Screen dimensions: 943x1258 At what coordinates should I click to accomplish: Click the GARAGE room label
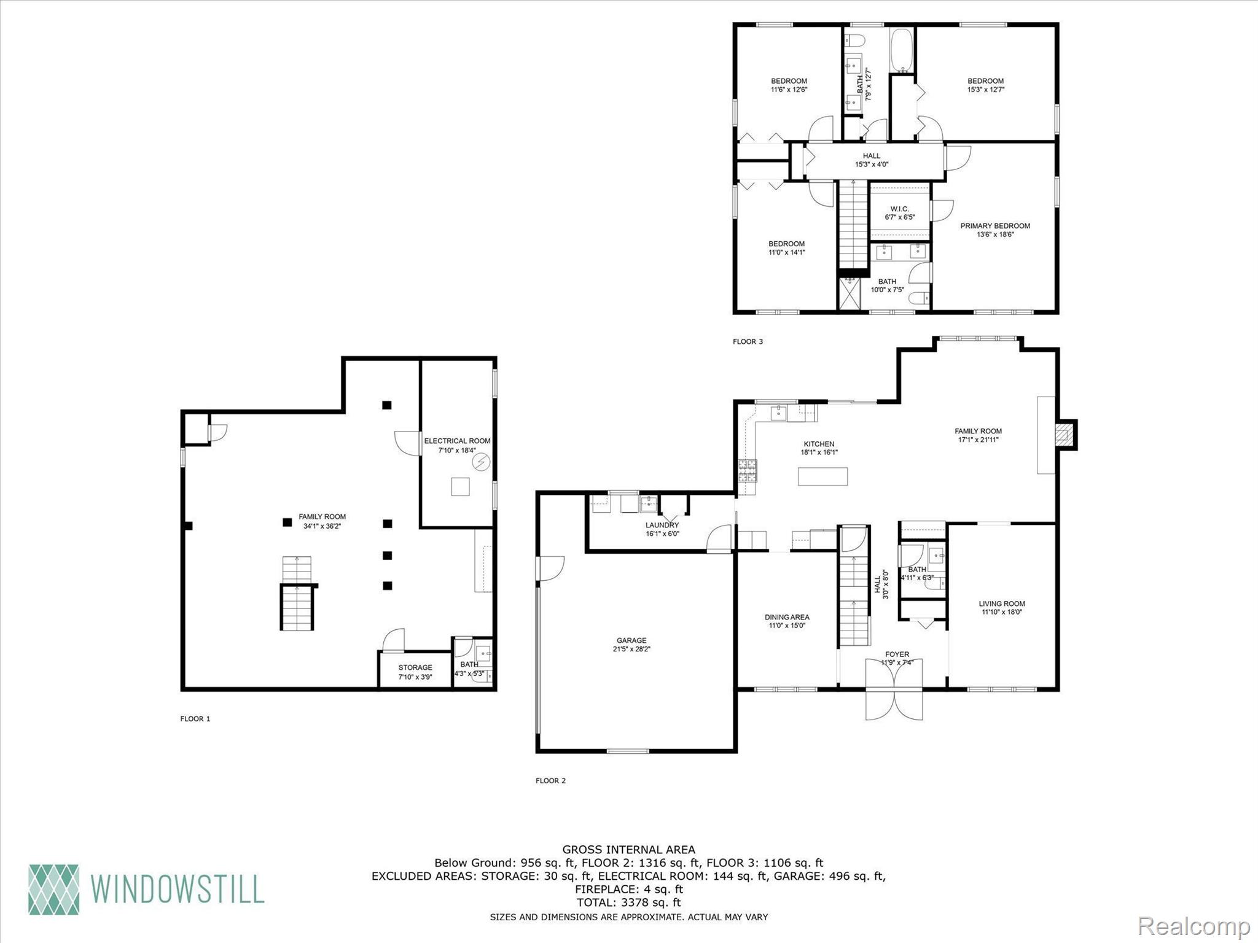(631, 640)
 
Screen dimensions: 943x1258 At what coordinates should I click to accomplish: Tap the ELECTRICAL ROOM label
(457, 441)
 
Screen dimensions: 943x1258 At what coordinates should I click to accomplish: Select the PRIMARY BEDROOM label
(994, 226)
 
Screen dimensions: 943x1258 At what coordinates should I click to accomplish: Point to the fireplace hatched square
(1065, 435)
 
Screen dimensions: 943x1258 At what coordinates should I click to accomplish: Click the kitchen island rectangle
(822, 476)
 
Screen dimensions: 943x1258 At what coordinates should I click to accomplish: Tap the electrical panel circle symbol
(481, 462)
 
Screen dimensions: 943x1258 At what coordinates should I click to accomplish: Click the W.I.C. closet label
(899, 209)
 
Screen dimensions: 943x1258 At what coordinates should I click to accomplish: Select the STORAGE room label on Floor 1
(415, 667)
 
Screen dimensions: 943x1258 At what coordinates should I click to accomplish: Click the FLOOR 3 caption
(748, 341)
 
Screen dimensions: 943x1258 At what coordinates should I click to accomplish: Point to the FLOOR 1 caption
(195, 718)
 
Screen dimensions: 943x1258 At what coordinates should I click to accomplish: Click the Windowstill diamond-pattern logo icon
(54, 889)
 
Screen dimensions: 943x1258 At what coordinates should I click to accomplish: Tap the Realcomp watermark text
(1194, 926)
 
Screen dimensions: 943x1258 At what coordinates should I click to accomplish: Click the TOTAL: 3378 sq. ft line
(628, 902)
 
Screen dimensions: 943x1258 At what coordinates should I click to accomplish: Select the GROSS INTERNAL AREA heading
(628, 850)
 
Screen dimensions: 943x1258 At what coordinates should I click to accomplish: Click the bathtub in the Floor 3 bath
(901, 50)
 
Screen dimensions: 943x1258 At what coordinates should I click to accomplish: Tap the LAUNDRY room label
(662, 525)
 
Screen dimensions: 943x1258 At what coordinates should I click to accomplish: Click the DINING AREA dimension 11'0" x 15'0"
(787, 626)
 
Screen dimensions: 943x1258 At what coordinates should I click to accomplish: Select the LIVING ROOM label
(1001, 603)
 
